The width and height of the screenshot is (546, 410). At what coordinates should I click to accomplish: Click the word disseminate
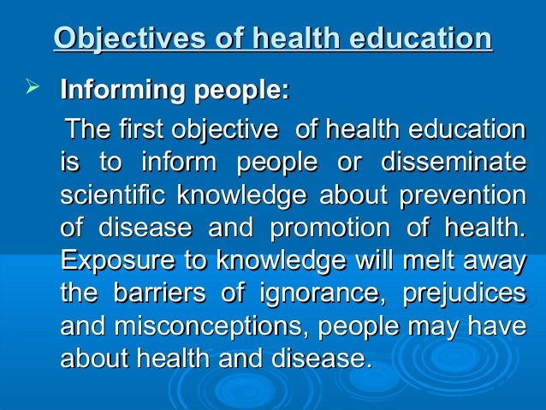(x=452, y=163)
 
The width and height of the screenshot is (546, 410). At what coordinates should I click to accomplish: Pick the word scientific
(x=113, y=195)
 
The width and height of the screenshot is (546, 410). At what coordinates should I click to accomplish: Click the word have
(x=500, y=325)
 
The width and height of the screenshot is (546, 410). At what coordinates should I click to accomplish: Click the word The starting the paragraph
(x=88, y=131)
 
